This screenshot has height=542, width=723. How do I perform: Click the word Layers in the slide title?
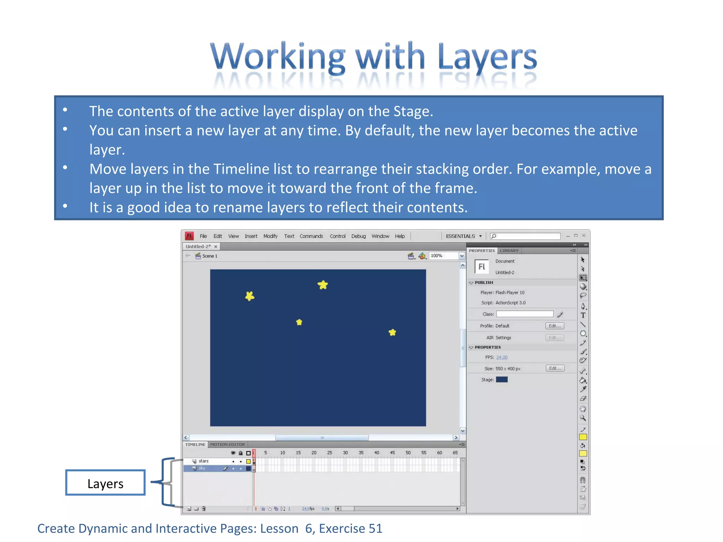coord(487,58)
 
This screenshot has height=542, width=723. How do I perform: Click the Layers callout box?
coord(105,483)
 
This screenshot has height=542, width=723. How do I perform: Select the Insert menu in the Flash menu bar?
coord(251,236)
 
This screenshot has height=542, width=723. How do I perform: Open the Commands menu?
coord(311,236)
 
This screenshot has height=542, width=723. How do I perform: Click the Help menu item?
coord(400,236)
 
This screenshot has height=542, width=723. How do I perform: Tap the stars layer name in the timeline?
coord(203,461)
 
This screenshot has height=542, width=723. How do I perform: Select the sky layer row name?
coord(202,468)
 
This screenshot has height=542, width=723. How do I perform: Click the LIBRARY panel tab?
coord(509,251)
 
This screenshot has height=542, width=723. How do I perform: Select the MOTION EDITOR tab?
coord(227,445)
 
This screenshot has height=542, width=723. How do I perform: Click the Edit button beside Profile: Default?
coord(554,326)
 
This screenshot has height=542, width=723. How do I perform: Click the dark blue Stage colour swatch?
coord(502,380)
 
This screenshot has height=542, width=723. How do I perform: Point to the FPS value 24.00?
coord(502,357)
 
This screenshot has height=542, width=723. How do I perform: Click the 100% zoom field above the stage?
coord(443,256)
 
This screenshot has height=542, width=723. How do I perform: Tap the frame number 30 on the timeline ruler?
coord(345,453)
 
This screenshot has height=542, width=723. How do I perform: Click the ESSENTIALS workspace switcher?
coord(464,236)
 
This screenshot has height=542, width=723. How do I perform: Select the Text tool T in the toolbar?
coord(583,315)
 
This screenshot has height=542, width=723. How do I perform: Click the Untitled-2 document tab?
coord(198,246)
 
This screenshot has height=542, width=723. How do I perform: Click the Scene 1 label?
coord(209,256)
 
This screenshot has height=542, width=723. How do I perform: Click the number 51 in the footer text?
coord(375,529)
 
